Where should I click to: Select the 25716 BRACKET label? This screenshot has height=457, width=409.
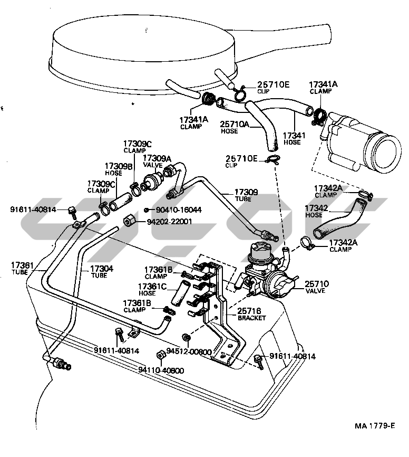click(x=252, y=315)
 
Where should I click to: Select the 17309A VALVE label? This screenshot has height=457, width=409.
click(x=157, y=161)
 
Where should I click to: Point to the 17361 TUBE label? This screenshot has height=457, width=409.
click(x=22, y=268)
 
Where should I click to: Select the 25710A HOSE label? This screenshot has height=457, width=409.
click(x=235, y=127)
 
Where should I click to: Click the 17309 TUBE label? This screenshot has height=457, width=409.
click(x=246, y=195)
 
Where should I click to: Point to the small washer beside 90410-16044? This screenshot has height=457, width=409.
click(x=147, y=210)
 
